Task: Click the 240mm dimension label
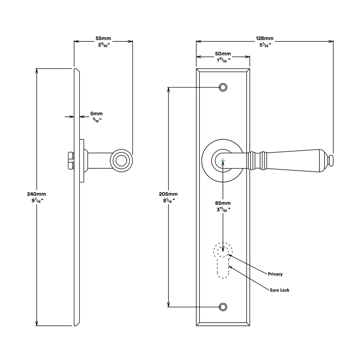[36, 194]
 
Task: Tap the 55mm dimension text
[103, 39]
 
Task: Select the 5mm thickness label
[96, 114]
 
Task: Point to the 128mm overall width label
[265, 39]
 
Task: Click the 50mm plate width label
[223, 54]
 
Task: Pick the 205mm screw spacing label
[168, 194]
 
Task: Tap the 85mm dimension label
[223, 203]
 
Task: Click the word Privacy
[275, 274]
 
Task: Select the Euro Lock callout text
[280, 290]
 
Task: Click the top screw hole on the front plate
[223, 87]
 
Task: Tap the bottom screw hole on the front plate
[223, 307]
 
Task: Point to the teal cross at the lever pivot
[223, 161]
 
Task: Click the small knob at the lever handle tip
[330, 161]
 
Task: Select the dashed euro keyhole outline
[223, 260]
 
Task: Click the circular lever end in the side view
[121, 161]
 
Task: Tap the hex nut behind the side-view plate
[71, 161]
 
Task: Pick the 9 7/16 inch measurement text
[37, 201]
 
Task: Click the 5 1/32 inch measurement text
[265, 45]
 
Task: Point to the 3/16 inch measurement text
[97, 120]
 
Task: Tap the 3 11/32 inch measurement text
[223, 210]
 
